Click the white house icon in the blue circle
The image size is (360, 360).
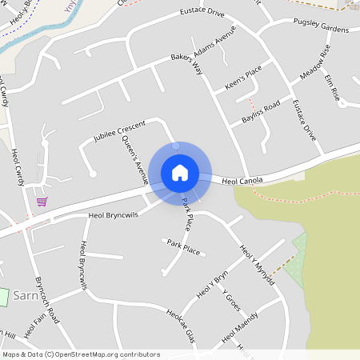click(180, 172)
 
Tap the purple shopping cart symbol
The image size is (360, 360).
click(42, 201)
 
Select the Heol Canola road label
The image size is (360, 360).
click(242, 182)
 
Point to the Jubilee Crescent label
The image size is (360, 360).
click(119, 133)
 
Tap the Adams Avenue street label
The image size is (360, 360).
click(215, 43)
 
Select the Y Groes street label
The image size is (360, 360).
click(231, 300)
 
